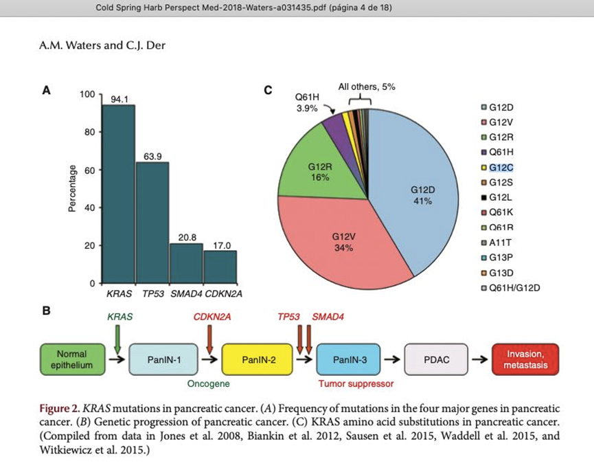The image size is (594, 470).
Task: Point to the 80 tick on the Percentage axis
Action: [x=89, y=132]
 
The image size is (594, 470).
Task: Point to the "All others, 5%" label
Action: [x=367, y=87]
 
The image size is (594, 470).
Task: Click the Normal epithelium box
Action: [x=71, y=359]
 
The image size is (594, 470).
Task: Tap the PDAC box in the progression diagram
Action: [x=437, y=359]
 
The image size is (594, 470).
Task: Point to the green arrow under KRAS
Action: [x=117, y=339]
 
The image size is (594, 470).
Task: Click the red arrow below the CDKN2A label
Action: [x=209, y=337]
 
